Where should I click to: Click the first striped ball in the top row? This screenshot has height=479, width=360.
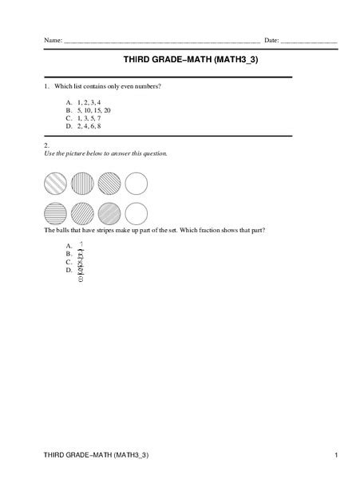(x=54, y=184)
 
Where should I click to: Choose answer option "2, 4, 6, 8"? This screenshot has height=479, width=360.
(x=89, y=125)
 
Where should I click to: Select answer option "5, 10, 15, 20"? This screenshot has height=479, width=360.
(x=94, y=110)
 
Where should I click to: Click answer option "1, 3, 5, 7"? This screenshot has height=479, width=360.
(x=89, y=117)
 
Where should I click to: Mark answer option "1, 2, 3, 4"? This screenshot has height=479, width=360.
(x=89, y=102)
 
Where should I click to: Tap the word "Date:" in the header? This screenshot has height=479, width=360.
(x=271, y=40)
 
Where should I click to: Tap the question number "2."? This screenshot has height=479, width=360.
(x=47, y=144)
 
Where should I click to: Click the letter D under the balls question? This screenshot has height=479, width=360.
(x=69, y=270)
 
